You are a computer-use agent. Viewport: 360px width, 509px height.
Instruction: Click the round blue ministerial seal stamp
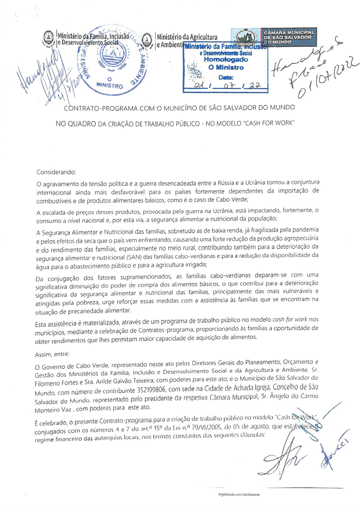coord(112,59)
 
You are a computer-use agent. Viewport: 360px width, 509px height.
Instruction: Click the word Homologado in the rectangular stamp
coord(226,60)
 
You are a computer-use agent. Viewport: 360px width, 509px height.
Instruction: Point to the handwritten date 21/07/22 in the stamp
coord(226,85)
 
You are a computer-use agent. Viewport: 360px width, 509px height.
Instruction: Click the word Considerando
coord(56,172)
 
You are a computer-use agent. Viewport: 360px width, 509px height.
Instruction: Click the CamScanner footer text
coord(239,495)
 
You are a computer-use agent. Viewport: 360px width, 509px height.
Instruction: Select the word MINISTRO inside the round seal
coord(109,85)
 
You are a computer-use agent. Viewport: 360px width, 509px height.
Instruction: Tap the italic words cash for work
coord(289,320)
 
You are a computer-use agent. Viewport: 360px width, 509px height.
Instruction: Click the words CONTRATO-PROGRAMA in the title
coord(101,108)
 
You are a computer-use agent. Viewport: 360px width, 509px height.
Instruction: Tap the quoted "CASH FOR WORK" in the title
coord(269,123)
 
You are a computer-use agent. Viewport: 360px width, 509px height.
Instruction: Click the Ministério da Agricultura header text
coord(187,37)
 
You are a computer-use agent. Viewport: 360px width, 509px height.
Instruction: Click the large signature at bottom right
coord(284,459)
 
